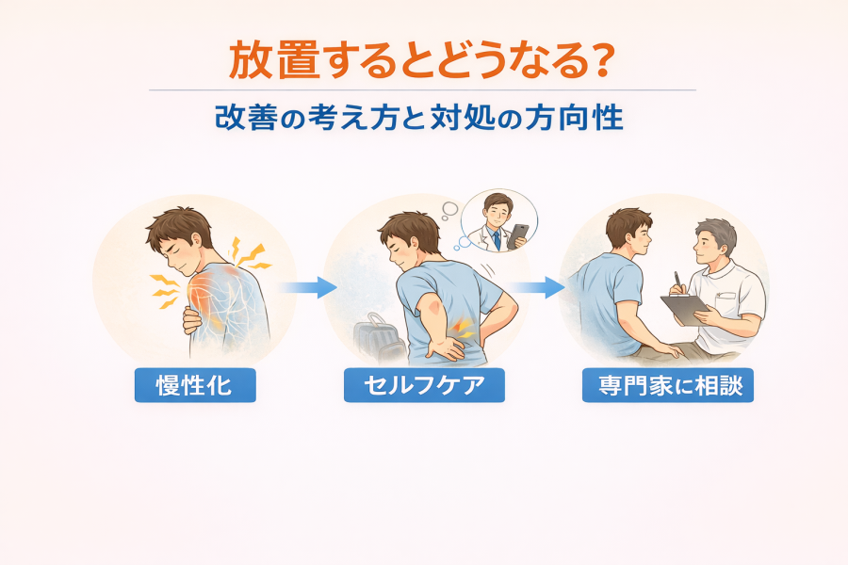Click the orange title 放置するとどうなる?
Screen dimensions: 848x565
(x=422, y=60)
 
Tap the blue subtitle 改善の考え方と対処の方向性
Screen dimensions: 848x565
(x=419, y=118)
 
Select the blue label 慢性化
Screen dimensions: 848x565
(x=195, y=385)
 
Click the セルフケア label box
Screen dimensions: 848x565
(x=424, y=385)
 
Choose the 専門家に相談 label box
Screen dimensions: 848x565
(x=667, y=385)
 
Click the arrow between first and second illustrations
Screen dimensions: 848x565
(x=308, y=287)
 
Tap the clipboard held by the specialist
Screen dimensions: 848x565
(x=685, y=310)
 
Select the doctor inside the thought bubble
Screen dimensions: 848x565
(x=495, y=223)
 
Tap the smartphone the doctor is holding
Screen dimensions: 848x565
(x=518, y=235)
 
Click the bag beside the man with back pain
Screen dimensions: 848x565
(x=379, y=338)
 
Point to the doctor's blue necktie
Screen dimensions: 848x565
(x=496, y=240)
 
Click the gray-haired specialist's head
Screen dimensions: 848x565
(x=715, y=242)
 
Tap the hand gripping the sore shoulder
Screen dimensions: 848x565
(x=192, y=320)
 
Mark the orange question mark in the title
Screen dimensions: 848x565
(x=603, y=60)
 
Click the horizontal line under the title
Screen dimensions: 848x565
(x=422, y=89)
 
